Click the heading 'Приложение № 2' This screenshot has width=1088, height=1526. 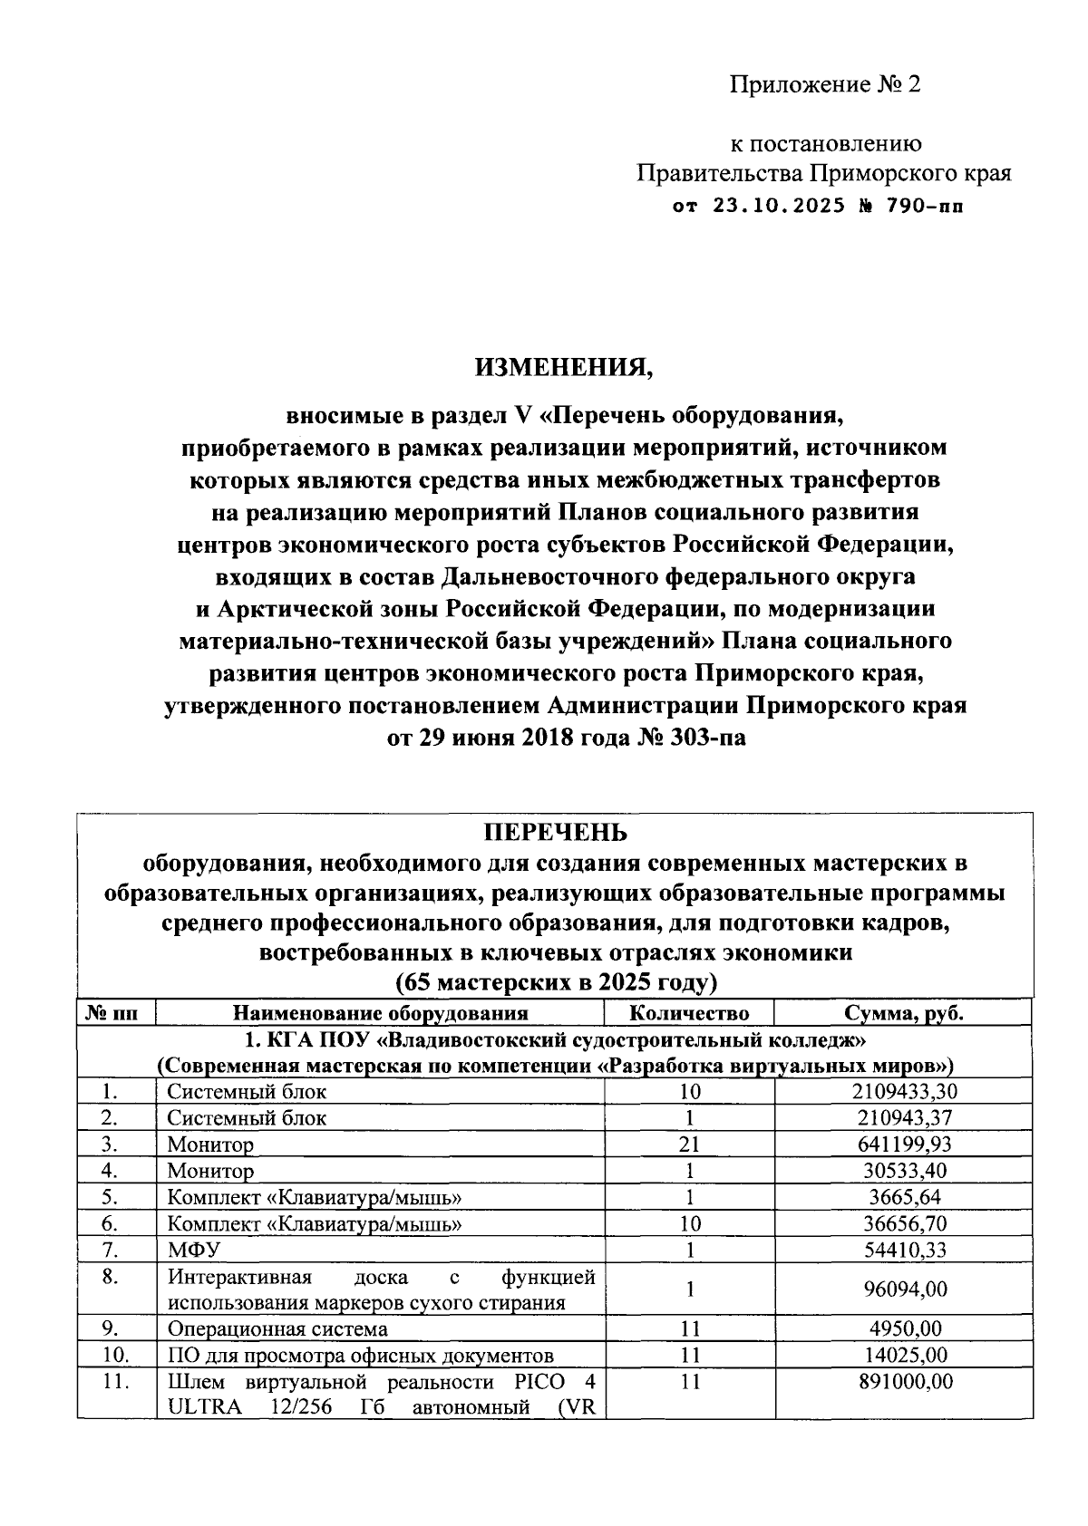pos(825,85)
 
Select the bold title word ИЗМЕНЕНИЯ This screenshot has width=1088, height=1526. pos(564,367)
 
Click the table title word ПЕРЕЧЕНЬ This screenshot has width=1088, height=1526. pos(554,832)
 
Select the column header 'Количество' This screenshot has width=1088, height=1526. pos(689,1012)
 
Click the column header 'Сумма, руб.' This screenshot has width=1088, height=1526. pos(903,1012)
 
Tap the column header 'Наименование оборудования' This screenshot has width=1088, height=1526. pos(380,1012)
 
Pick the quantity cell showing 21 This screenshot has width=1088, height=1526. pos(689,1144)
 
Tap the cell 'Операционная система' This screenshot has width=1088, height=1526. pos(277,1329)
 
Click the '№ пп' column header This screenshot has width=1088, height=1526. pos(116,1012)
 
